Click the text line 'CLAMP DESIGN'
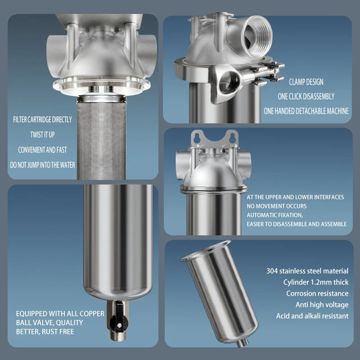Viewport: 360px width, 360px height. click(306, 82)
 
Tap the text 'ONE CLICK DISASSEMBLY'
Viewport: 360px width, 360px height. click(306, 96)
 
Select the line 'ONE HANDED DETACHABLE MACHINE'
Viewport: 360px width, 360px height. click(306, 111)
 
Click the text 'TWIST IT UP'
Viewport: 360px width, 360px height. click(43, 135)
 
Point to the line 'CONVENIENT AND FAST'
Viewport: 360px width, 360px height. click(43, 150)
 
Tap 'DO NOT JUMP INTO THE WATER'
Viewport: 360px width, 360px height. click(43, 165)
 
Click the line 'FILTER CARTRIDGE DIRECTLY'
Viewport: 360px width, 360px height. click(43, 120)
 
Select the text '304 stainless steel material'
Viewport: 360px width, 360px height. click(307, 271)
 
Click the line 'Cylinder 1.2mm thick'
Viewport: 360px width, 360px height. click(316, 282)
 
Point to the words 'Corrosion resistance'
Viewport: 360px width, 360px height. click(317, 293)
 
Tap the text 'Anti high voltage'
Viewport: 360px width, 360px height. click(322, 305)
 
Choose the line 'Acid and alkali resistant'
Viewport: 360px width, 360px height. click(312, 316)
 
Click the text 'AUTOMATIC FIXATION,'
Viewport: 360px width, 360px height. click(275, 215)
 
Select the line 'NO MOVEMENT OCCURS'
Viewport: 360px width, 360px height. click(276, 206)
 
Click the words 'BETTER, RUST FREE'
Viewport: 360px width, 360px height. click(45, 332)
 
